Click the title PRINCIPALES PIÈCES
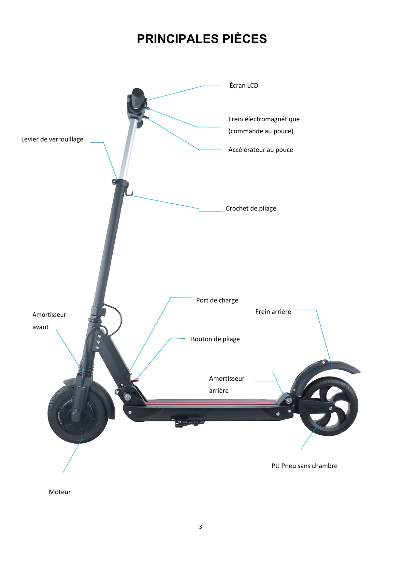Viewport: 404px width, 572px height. click(202, 39)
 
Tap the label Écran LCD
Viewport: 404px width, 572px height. click(244, 85)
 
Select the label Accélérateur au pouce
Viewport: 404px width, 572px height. click(261, 150)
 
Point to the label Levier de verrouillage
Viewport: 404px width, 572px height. click(52, 139)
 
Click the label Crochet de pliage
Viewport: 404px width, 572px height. click(251, 208)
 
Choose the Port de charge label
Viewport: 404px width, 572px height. click(217, 300)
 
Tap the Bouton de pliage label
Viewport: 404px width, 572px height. click(215, 339)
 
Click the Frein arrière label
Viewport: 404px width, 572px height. click(273, 312)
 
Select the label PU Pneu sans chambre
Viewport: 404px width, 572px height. click(304, 466)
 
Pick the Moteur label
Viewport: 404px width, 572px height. click(60, 492)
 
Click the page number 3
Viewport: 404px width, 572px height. click(200, 527)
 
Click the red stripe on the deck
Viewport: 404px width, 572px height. click(209, 403)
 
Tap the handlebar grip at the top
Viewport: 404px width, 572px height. click(137, 96)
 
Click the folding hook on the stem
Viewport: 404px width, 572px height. click(129, 194)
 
